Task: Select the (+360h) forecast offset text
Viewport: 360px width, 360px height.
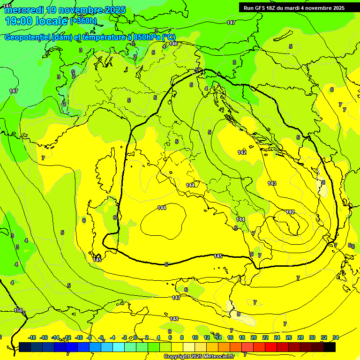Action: click(x=83, y=21)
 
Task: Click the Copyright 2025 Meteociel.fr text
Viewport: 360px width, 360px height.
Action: click(x=199, y=357)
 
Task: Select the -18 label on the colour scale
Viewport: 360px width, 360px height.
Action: click(x=32, y=337)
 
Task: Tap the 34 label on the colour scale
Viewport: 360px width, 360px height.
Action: click(x=336, y=337)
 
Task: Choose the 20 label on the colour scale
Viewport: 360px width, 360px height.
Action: click(x=254, y=337)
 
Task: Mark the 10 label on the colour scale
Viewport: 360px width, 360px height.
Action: click(x=195, y=337)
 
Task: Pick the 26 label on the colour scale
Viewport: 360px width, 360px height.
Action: click(x=289, y=337)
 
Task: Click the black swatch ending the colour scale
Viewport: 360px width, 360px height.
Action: click(x=330, y=347)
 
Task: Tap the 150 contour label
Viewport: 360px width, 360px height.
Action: click(x=18, y=310)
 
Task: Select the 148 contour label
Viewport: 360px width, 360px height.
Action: click(x=174, y=319)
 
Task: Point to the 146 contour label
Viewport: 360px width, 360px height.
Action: click(x=173, y=44)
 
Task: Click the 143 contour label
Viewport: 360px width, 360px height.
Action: click(x=272, y=183)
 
